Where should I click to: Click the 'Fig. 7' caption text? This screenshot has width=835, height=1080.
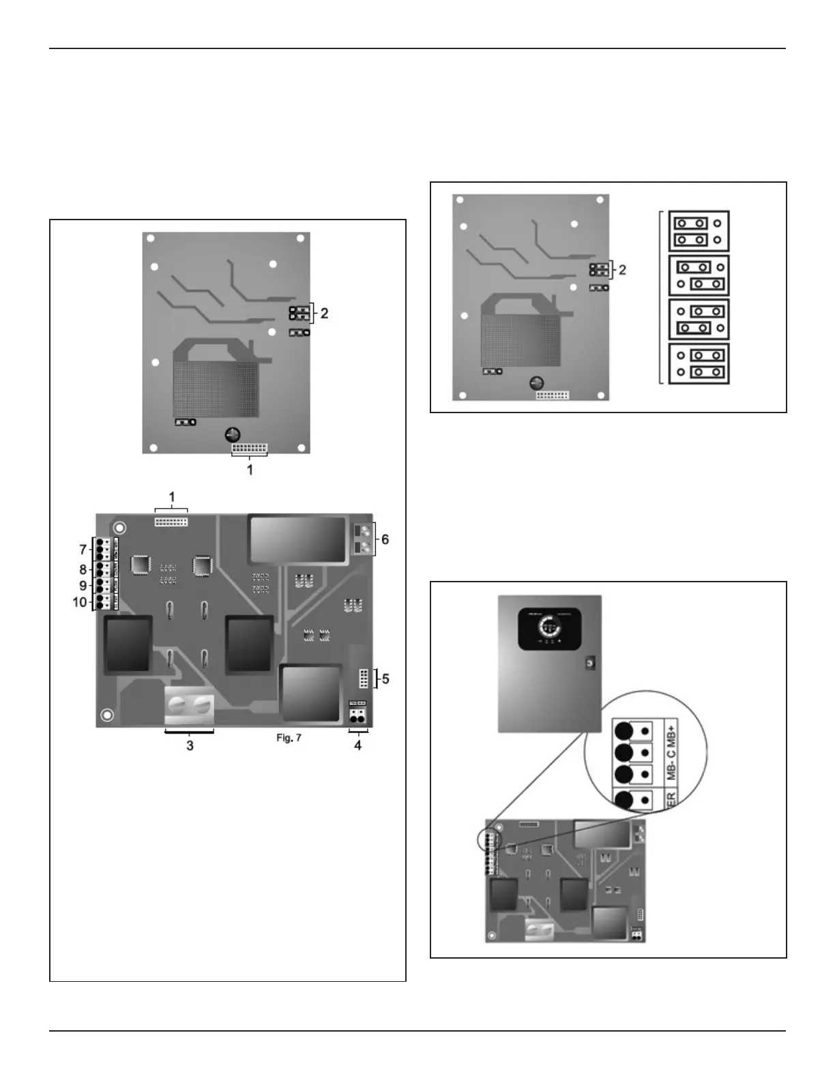[x=289, y=738]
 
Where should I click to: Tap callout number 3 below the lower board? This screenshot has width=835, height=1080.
[x=190, y=745]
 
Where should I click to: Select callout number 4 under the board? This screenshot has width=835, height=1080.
[x=357, y=745]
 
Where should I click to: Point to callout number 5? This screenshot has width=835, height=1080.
[x=385, y=679]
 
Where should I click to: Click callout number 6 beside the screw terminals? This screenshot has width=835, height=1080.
[x=385, y=539]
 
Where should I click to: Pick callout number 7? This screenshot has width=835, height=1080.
[x=83, y=549]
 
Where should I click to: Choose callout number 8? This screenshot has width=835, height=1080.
[x=83, y=569]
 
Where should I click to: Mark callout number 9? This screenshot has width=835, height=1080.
[x=83, y=586]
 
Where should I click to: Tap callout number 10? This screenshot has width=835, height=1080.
[x=80, y=602]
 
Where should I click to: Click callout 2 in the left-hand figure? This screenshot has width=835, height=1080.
[x=325, y=314]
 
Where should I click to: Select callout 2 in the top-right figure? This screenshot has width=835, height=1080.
[x=621, y=270]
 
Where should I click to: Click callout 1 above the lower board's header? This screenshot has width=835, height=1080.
[x=172, y=497]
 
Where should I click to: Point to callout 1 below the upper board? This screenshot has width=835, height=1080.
[x=250, y=470]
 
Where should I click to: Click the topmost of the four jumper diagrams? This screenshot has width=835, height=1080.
[x=699, y=231]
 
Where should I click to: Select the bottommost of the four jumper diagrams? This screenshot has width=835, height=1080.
[x=699, y=364]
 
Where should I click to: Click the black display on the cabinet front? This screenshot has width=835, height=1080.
[x=550, y=628]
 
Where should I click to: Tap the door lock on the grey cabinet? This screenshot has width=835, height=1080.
[x=589, y=663]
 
